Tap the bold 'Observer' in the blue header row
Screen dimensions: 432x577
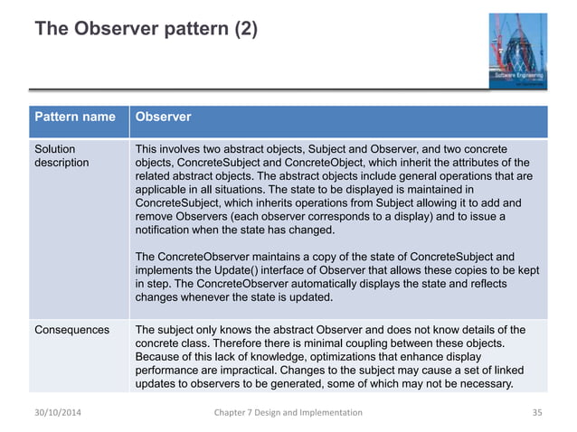pos(163,117)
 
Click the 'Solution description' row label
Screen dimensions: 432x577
pos(55,155)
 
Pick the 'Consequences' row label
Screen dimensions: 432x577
pos(71,328)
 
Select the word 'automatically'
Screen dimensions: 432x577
pos(344,285)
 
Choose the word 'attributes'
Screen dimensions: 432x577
pos(475,162)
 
